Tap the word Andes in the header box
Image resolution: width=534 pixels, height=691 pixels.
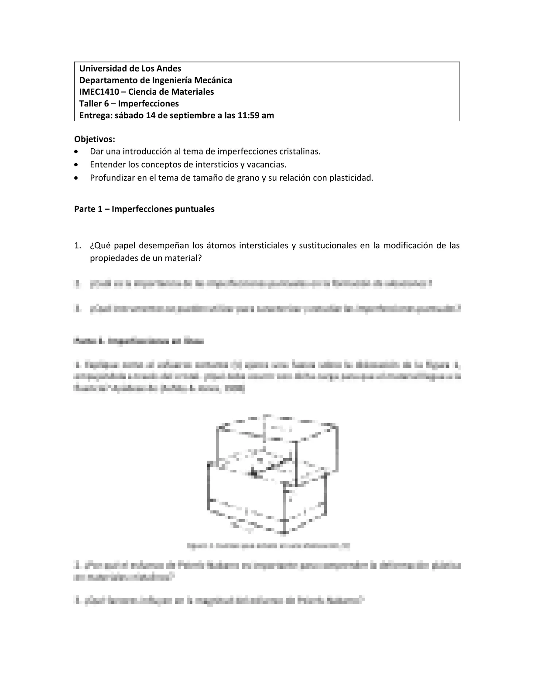pos(169,68)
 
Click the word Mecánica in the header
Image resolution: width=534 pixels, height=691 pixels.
pos(213,80)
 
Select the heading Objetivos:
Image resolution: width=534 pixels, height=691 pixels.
pos(95,139)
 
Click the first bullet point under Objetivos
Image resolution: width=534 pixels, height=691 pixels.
pos(77,152)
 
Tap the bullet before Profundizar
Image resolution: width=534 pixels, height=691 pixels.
pos(77,178)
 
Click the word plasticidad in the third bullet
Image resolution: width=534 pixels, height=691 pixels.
pos(352,178)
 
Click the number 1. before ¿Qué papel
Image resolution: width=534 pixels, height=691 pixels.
pos(78,246)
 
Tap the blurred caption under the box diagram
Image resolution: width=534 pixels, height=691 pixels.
pos(268,545)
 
